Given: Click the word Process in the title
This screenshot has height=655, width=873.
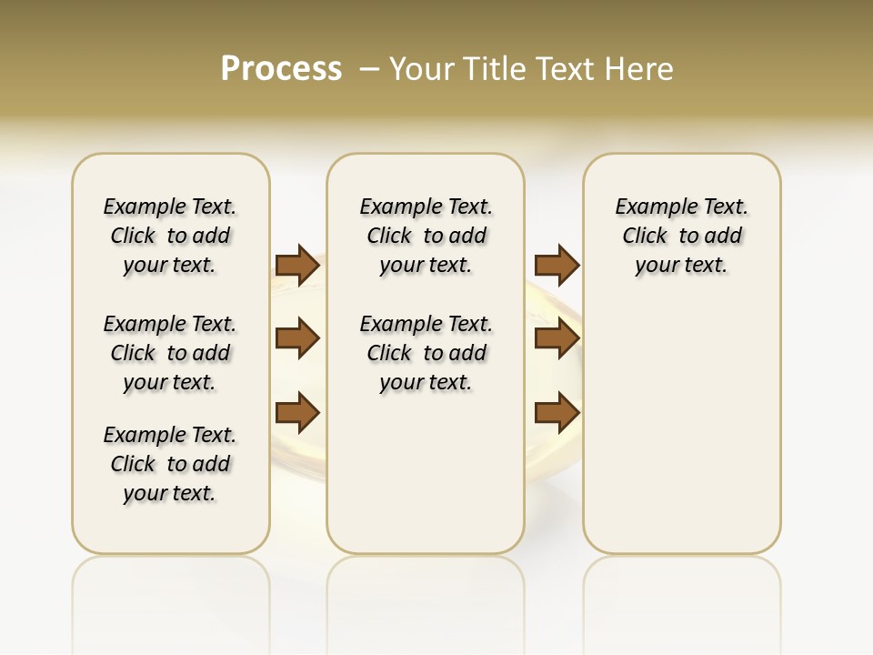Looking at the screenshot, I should point(281,69).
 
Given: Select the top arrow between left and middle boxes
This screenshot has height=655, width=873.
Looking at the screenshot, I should point(297,266).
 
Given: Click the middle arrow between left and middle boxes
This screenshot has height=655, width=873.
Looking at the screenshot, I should point(297,338).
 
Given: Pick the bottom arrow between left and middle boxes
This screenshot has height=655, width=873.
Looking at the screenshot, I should point(297,413).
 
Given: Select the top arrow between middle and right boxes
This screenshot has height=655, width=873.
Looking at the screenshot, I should point(557,266).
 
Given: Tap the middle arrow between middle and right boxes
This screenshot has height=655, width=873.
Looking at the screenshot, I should point(557,338).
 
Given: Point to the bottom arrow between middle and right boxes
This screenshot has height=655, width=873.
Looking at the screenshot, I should point(557,413).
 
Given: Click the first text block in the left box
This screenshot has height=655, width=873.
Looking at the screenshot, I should point(170,236).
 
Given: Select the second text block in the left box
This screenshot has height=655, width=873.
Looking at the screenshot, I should point(170,353).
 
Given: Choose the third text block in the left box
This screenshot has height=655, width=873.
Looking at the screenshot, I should point(170,464).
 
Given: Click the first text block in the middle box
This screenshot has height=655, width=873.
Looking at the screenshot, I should point(426,236).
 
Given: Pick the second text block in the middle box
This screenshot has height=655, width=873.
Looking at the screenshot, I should point(426,353).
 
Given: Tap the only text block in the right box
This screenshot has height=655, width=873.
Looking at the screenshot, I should point(681,236).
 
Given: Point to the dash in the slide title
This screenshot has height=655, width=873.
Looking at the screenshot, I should point(369,69).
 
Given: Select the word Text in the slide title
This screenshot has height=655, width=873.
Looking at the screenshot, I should point(565,69).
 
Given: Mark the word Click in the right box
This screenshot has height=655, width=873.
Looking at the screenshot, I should point(645,237).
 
